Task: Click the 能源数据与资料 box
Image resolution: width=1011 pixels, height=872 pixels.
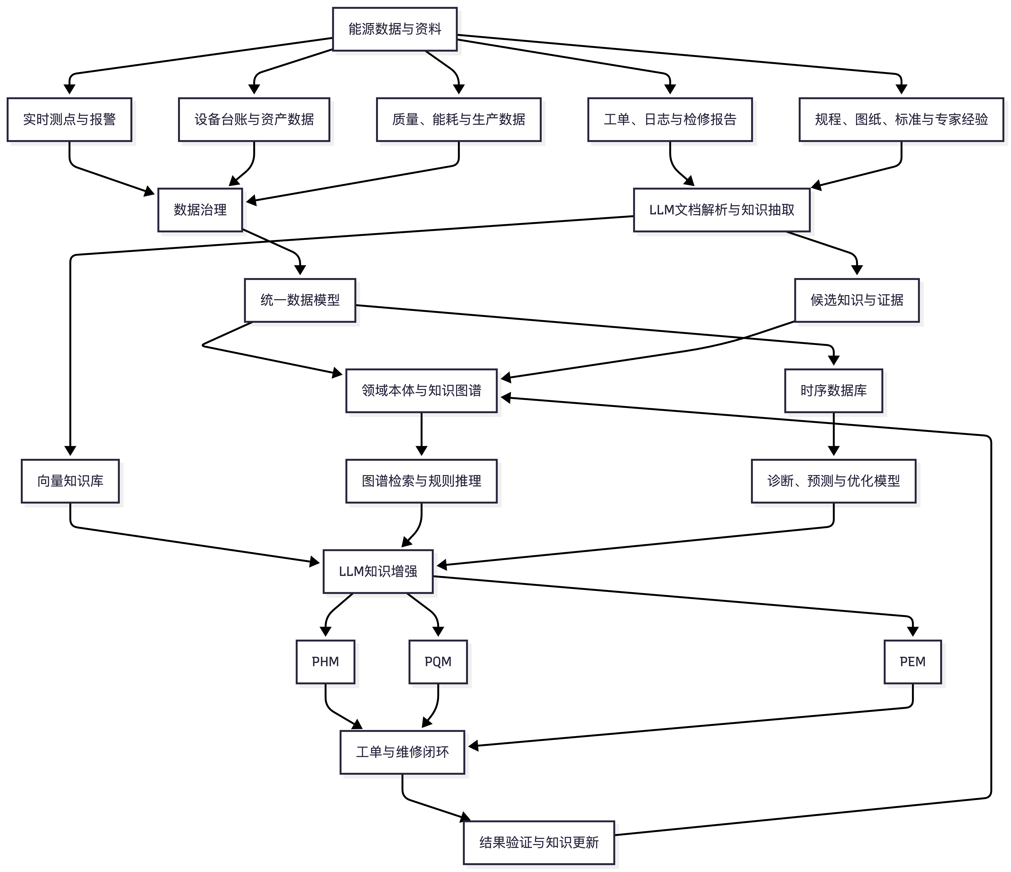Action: (x=395, y=29)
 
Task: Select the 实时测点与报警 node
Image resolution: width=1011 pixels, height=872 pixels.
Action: (x=69, y=120)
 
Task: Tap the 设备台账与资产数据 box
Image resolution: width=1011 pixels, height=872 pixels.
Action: (x=254, y=120)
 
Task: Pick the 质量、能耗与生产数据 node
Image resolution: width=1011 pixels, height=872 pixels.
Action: (x=459, y=120)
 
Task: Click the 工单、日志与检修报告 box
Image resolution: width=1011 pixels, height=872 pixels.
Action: (x=670, y=120)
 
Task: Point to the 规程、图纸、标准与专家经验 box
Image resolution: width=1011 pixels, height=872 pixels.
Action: (x=901, y=120)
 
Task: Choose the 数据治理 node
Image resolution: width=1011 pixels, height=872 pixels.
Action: (x=200, y=210)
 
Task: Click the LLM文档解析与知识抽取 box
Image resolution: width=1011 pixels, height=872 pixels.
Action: (x=722, y=210)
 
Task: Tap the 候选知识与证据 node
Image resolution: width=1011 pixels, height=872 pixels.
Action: (x=857, y=300)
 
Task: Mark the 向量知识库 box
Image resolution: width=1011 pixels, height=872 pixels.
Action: (x=70, y=481)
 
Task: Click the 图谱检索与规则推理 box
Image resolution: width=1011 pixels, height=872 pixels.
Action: (x=422, y=481)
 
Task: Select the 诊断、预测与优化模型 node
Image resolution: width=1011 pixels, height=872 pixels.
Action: (x=833, y=481)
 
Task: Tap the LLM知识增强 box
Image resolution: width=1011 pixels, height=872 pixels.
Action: (x=378, y=571)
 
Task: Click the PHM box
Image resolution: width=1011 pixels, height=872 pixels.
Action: (x=325, y=662)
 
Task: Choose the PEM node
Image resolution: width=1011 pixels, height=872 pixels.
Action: (x=912, y=662)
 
